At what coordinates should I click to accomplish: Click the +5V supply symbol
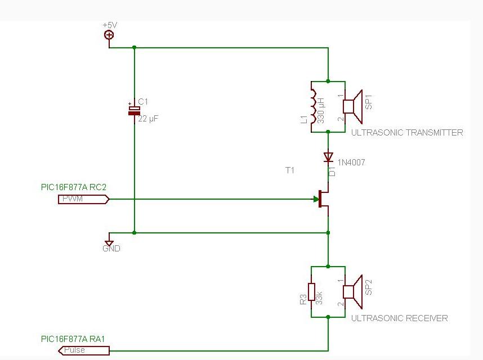[109, 35]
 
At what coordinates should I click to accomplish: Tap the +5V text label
[110, 25]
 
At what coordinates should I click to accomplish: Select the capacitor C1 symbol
[134, 110]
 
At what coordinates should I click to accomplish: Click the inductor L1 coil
[312, 106]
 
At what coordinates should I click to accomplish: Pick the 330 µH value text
[321, 110]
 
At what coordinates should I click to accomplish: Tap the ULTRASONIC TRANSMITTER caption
[407, 133]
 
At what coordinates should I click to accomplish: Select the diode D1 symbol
[328, 156]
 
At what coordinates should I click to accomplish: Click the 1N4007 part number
[352, 163]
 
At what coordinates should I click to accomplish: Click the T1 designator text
[290, 170]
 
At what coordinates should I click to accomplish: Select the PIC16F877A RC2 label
[73, 187]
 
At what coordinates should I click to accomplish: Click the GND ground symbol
[109, 242]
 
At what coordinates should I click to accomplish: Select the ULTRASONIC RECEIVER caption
[400, 318]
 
